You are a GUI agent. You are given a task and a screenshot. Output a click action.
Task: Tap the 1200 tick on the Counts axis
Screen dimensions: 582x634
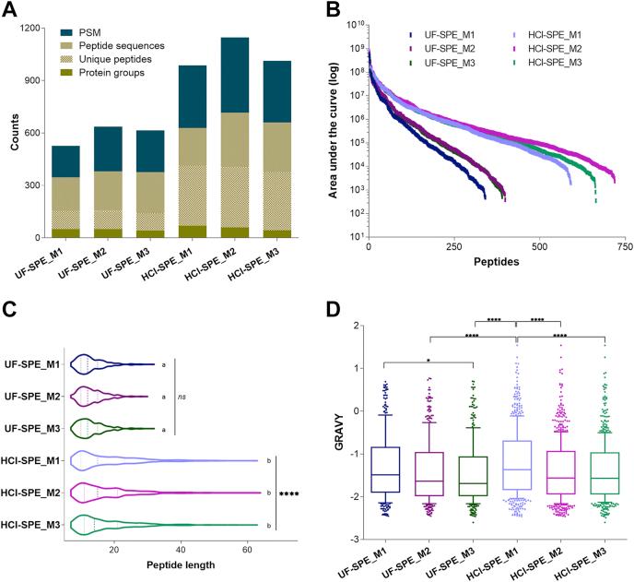pyautogui.click(x=31, y=27)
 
